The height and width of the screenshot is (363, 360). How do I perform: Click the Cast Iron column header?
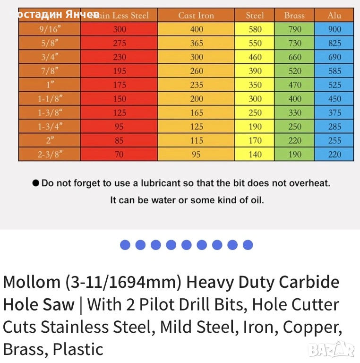(x=196, y=15)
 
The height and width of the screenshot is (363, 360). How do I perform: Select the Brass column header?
(x=294, y=15)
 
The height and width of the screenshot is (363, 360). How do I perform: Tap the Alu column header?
(x=334, y=15)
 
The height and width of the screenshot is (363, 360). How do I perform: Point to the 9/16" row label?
(x=49, y=29)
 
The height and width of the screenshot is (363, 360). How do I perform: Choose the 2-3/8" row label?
(x=49, y=154)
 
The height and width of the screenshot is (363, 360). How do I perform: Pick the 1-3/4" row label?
(x=49, y=127)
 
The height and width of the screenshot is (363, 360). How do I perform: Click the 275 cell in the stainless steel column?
(x=120, y=43)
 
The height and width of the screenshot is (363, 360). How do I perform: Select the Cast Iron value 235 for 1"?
(x=196, y=85)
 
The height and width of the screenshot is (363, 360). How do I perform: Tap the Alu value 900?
(x=334, y=29)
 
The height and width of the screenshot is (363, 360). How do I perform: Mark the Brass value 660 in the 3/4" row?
(x=294, y=57)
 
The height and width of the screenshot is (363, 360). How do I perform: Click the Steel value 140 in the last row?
(x=255, y=154)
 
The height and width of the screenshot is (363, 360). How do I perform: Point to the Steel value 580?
(x=255, y=29)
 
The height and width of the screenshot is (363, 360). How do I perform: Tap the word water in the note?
(x=163, y=200)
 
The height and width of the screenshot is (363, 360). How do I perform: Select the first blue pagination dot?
(x=125, y=245)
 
